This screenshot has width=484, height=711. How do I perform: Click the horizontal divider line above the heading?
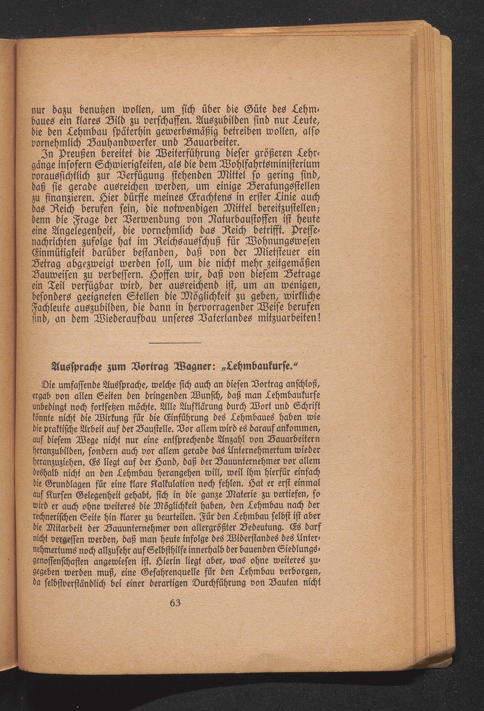point(175,343)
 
